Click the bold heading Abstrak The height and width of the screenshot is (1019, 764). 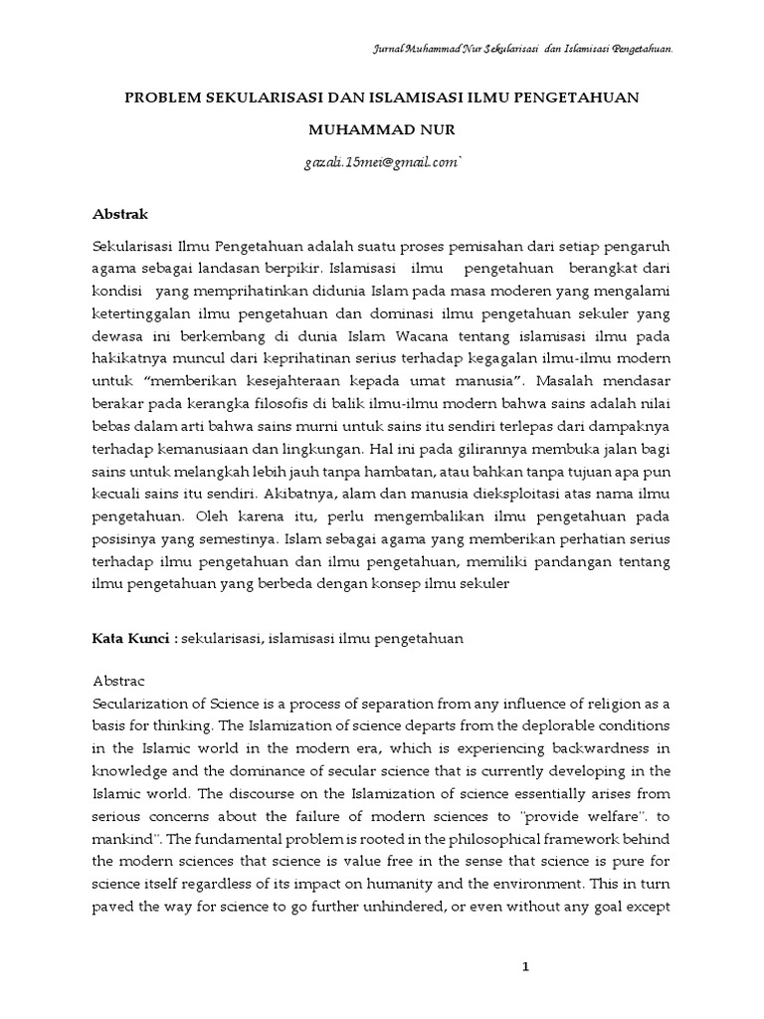pyautogui.click(x=120, y=213)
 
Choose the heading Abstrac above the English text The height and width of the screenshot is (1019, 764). pyautogui.click(x=119, y=682)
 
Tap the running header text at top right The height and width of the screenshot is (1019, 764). pyautogui.click(x=523, y=48)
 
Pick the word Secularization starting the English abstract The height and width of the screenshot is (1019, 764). pyautogui.click(x=138, y=705)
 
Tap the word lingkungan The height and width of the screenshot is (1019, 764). pyautogui.click(x=315, y=447)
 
